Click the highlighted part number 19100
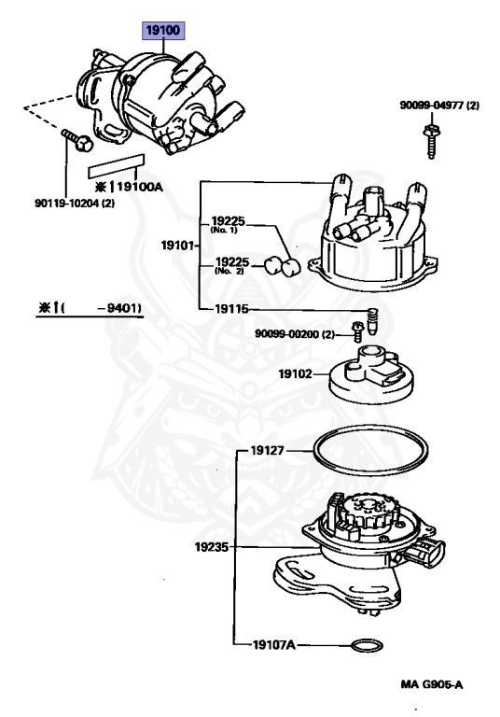(x=164, y=30)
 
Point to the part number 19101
(x=178, y=246)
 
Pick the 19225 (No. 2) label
(x=232, y=265)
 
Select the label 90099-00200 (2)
(x=295, y=333)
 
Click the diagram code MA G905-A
(x=432, y=684)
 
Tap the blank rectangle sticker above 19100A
(x=114, y=172)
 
